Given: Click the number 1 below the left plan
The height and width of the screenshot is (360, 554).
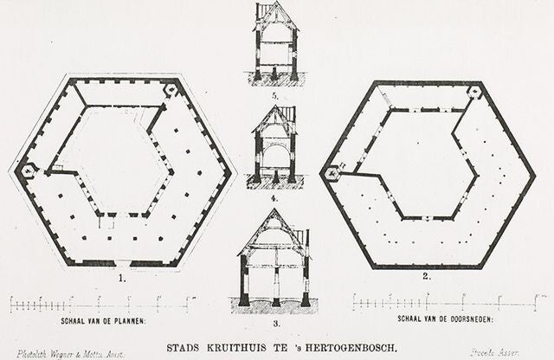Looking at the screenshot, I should pyautogui.click(x=123, y=279).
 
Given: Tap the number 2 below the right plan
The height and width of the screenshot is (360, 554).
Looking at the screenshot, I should pyautogui.click(x=426, y=277).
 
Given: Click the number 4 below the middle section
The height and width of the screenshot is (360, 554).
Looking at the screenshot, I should pyautogui.click(x=274, y=198).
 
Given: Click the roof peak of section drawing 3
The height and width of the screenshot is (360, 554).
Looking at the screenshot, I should pyautogui.click(x=274, y=210).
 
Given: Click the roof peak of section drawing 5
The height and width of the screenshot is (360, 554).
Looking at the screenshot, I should pyautogui.click(x=274, y=4).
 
